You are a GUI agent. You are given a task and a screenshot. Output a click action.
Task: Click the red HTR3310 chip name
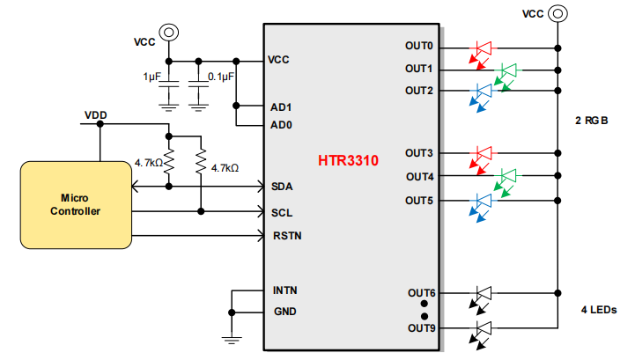pyautogui.click(x=348, y=162)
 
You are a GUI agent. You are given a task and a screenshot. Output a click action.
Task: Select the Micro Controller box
pyautogui.click(x=75, y=204)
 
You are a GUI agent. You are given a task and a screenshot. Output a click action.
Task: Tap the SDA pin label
pyautogui.click(x=282, y=187)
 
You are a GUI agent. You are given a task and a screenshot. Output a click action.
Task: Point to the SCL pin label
pyautogui.click(x=282, y=212)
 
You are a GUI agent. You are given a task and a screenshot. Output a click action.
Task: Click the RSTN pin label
pyautogui.click(x=286, y=235)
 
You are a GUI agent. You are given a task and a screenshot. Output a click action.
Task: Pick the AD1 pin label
pyautogui.click(x=281, y=107)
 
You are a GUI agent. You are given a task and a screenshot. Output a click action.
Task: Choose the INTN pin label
pyautogui.click(x=284, y=290)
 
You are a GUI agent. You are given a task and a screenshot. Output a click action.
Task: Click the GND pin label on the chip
pyautogui.click(x=284, y=312)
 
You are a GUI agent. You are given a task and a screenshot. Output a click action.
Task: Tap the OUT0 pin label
pyautogui.click(x=418, y=46)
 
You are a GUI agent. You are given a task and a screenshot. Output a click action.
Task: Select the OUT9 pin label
pyautogui.click(x=419, y=329)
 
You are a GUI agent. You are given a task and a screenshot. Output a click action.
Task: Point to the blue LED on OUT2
pyautogui.click(x=483, y=91)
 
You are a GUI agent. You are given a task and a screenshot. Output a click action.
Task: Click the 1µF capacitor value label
pyautogui.click(x=151, y=77)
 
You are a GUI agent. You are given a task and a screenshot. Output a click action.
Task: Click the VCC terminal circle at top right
pyautogui.click(x=557, y=14)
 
